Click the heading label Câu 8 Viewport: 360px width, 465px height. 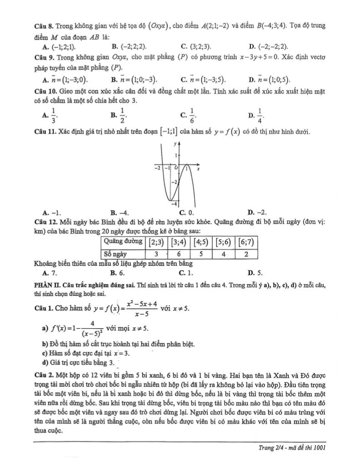pyautogui.click(x=43, y=25)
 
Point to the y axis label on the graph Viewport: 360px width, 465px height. pyautogui.click(x=175, y=143)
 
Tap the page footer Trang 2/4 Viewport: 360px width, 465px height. pyautogui.click(x=292, y=447)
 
